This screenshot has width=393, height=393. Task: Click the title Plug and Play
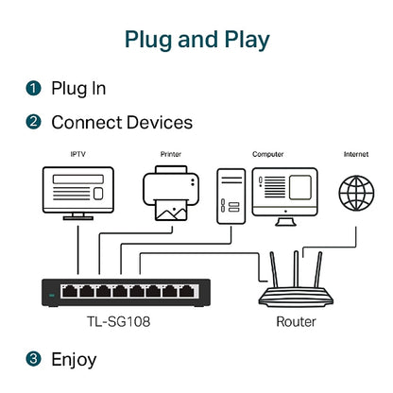196,40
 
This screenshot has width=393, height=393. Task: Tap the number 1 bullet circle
33,89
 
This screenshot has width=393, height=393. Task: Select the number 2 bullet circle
33,123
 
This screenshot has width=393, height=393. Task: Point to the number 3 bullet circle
33,359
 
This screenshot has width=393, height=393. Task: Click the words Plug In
78,89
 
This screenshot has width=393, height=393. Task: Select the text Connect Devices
122,123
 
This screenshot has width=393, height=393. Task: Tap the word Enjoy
74,359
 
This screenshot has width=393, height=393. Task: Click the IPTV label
77,153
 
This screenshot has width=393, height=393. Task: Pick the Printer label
171,153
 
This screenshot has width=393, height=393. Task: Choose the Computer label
267,153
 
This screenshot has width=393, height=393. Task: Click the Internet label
356,153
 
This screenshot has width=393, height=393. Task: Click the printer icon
171,195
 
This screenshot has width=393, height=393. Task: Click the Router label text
296,322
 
